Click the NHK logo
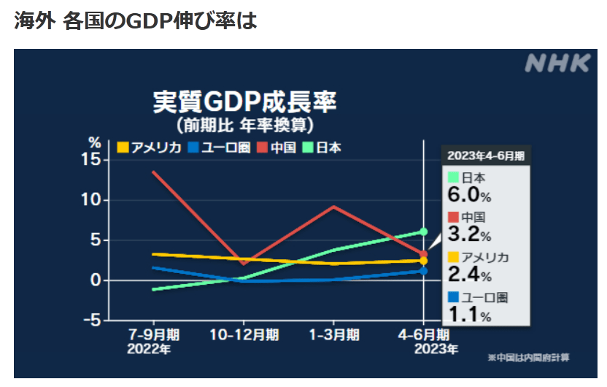tap(557, 64)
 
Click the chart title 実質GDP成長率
tap(244, 101)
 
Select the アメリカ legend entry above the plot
tap(150, 147)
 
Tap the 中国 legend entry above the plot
tap(277, 147)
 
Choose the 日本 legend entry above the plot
tap(322, 147)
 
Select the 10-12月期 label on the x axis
tap(243, 334)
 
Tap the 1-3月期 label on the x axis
tap(333, 334)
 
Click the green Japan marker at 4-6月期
tap(423, 231)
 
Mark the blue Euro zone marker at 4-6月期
tap(423, 271)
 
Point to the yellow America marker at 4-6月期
tap(423, 261)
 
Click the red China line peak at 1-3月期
tap(333, 207)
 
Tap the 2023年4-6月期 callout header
tap(485, 155)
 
